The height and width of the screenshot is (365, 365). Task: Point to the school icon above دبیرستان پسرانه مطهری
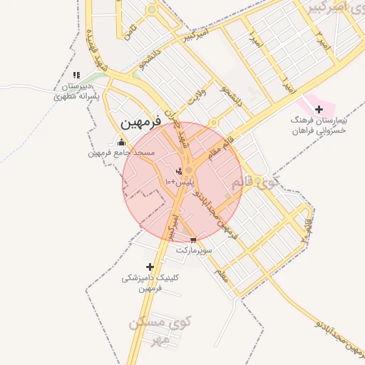pyautogui.click(x=76, y=75)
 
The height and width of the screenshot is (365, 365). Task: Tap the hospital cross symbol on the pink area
pyautogui.click(x=319, y=109)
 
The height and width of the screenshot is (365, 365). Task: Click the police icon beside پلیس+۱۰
pyautogui.click(x=179, y=171)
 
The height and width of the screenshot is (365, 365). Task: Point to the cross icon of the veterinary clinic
pyautogui.click(x=149, y=267)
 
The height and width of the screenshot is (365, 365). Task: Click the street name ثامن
pyautogui.click(x=129, y=31)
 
